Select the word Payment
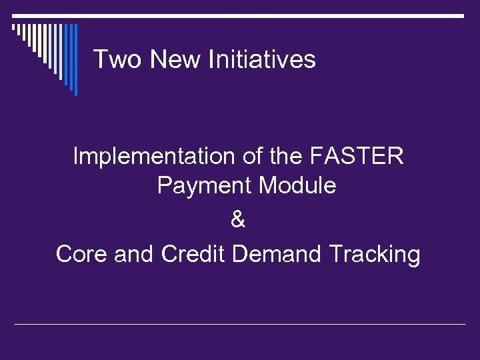coord(205,186)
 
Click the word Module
coord(297,186)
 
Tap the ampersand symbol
coord(238,220)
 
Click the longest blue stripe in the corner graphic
coord(75,60)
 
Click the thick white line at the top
coord(240,15)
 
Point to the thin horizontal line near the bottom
coord(240,325)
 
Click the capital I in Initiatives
coord(211,59)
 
